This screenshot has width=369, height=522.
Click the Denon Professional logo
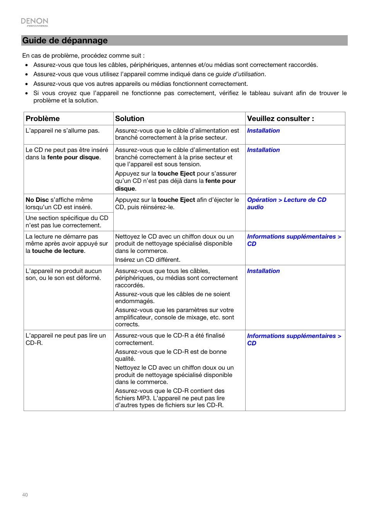click(34, 22)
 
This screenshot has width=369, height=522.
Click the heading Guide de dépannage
click(65, 41)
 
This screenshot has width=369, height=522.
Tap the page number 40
click(25, 495)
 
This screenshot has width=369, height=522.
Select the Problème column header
click(43, 119)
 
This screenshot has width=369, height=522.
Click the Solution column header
click(130, 119)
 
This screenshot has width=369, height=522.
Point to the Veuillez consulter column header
click(280, 119)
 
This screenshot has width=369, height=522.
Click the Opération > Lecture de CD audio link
click(286, 203)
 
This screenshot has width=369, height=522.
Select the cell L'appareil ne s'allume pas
click(62, 131)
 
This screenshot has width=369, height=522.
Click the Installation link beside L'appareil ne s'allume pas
click(263, 131)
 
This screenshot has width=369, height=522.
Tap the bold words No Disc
click(37, 200)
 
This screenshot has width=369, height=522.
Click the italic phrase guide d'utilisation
click(240, 74)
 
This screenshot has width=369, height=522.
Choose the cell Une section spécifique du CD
click(67, 222)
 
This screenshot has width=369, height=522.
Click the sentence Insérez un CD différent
click(147, 260)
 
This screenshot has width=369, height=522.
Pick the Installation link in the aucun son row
click(263, 271)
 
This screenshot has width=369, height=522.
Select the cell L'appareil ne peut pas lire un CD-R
click(65, 339)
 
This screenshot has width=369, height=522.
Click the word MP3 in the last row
click(143, 398)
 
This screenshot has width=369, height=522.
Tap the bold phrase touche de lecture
click(58, 251)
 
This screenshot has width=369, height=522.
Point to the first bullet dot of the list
click(27, 65)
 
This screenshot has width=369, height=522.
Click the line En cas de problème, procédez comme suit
click(83, 56)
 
